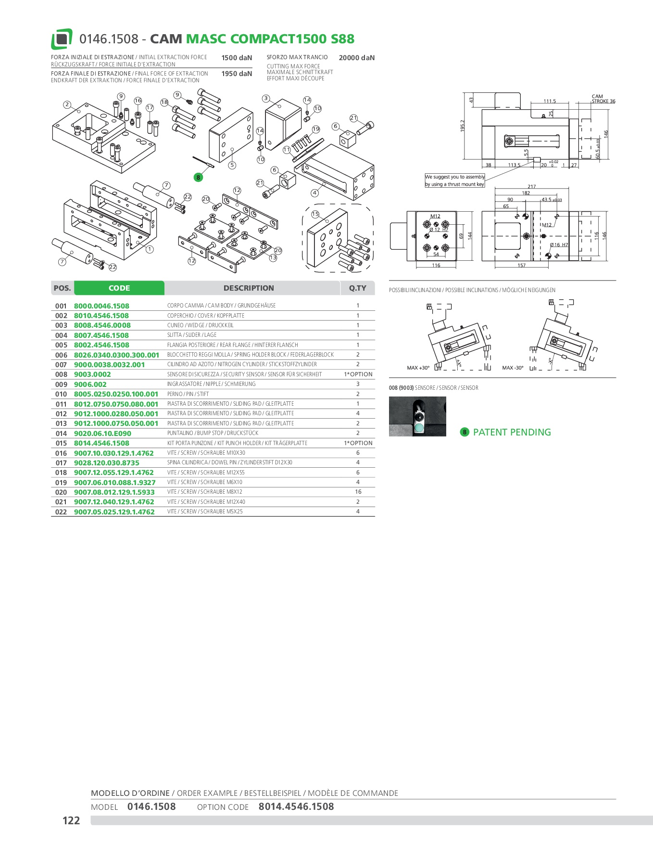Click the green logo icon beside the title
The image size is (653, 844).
tap(62, 39)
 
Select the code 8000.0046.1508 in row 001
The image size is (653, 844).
tap(101, 306)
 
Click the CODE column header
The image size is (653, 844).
tap(119, 288)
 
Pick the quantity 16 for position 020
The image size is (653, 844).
tap(358, 492)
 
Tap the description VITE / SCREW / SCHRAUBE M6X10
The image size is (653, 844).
tap(205, 482)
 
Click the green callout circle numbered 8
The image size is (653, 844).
tap(198, 178)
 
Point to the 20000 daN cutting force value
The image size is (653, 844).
tap(356, 58)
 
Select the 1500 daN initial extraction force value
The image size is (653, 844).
tap(237, 58)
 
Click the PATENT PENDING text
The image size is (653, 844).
tap(512, 432)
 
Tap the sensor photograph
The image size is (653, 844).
tap(417, 416)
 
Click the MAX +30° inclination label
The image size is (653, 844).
tap(418, 368)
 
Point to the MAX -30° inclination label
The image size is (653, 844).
tap(513, 368)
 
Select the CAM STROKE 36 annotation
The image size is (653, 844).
tap(603, 99)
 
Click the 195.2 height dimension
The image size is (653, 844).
tap(463, 126)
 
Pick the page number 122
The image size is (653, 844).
tap(71, 820)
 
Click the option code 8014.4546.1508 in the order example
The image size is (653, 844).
tap(296, 806)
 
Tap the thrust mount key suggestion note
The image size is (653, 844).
tap(454, 180)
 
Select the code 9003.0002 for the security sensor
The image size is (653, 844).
tap(92, 374)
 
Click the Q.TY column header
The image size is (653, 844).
tap(357, 288)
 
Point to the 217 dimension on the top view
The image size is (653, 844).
tap(531, 187)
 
